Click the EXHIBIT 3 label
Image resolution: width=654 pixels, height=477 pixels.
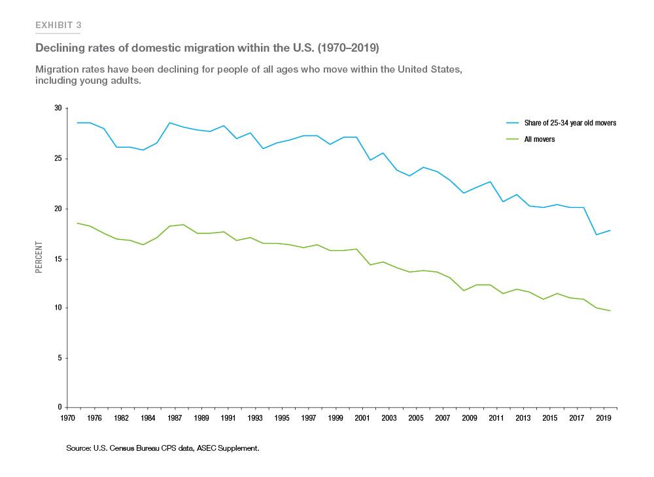pyautogui.click(x=58, y=25)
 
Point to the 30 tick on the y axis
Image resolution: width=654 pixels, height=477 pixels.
pyautogui.click(x=57, y=108)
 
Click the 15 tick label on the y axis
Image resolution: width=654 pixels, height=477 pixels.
pyautogui.click(x=57, y=259)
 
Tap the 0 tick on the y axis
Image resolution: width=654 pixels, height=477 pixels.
pyautogui.click(x=59, y=408)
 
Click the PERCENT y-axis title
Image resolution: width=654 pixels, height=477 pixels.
pyautogui.click(x=39, y=257)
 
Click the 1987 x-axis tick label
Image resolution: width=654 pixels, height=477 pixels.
pyautogui.click(x=175, y=417)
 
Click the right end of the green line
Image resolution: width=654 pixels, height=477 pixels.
pyautogui.click(x=610, y=310)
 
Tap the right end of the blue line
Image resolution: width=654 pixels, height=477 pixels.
pyautogui.click(x=610, y=230)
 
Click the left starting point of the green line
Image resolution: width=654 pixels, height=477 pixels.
pyautogui.click(x=77, y=223)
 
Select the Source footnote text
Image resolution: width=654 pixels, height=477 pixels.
pyautogui.click(x=163, y=448)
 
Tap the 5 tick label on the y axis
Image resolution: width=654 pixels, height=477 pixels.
pyautogui.click(x=59, y=358)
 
